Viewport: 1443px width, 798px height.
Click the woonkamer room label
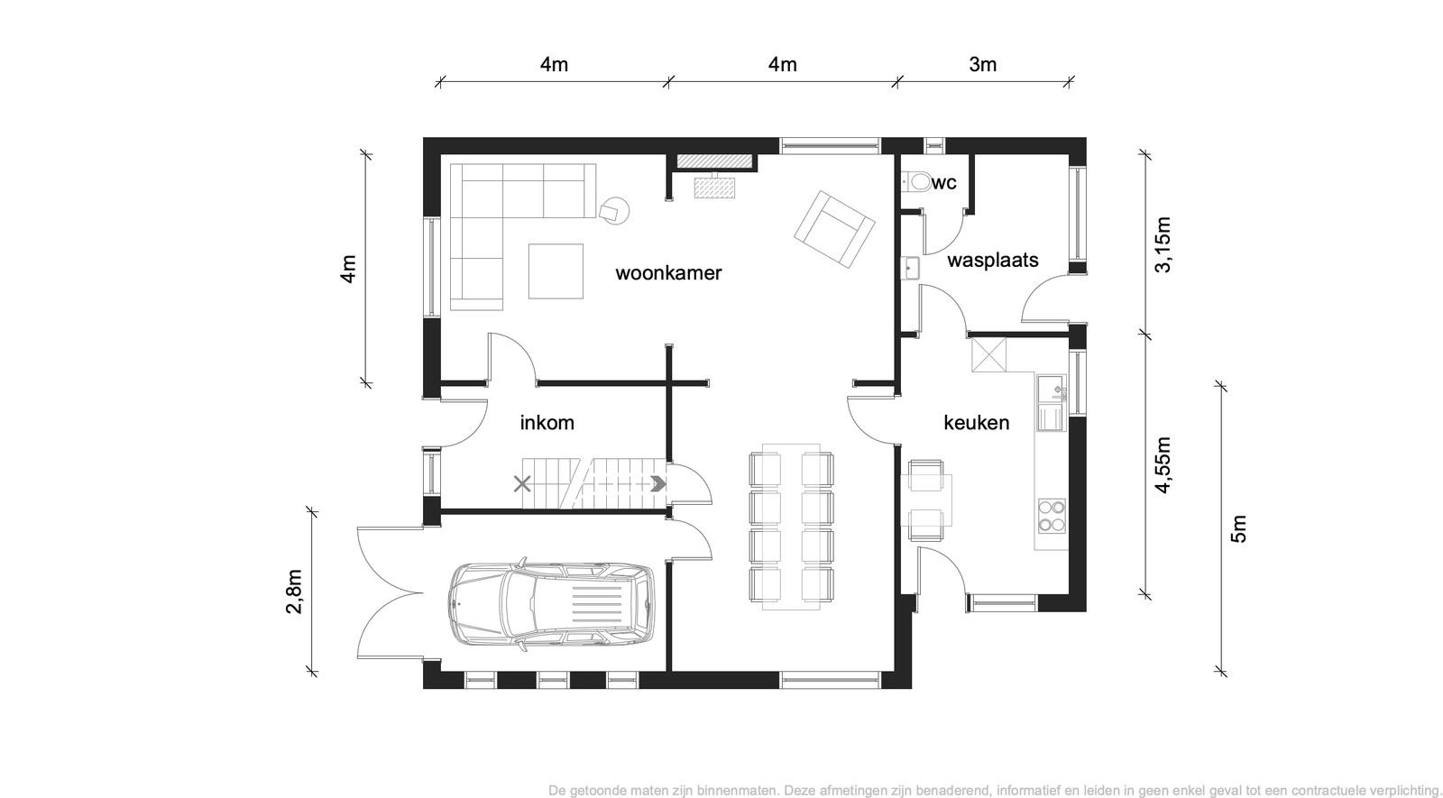coord(668,273)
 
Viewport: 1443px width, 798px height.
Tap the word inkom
coord(547,423)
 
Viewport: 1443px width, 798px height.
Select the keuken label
coord(977,423)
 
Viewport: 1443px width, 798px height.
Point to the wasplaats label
coord(993,261)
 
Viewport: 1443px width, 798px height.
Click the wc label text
coord(943,183)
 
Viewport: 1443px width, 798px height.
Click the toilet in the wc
coord(915,181)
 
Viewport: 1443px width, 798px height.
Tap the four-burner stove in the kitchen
coord(1052,516)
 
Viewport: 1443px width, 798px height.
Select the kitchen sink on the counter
coord(1052,403)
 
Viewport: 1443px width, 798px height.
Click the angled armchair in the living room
coord(834,229)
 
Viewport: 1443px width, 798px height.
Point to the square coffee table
coord(556,271)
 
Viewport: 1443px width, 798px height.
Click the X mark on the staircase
coord(522,483)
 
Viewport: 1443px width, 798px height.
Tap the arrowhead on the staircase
coord(657,483)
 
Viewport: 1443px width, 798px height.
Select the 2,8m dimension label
coord(294,592)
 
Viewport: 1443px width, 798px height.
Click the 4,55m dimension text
coord(1163,465)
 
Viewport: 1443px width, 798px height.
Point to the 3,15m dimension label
coord(1163,244)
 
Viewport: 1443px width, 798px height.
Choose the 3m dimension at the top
coord(983,64)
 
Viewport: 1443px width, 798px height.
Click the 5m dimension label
coord(1239,529)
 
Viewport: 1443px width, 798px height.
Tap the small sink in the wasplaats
coord(910,268)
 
